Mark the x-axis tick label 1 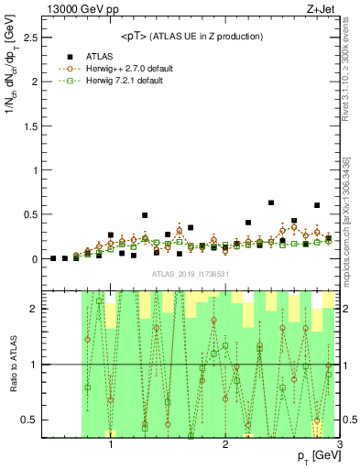coord(111,446)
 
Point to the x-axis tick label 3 coord(339,446)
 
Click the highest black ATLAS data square coord(271,202)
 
